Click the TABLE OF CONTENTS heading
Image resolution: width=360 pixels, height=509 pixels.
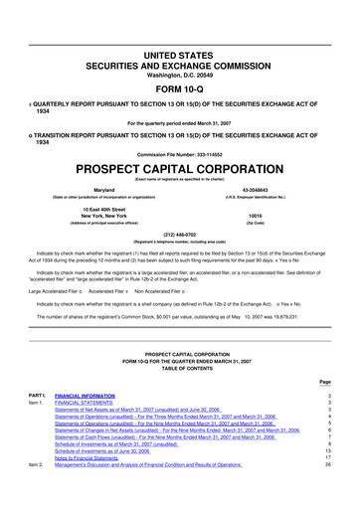pyautogui.click(x=180, y=368)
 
